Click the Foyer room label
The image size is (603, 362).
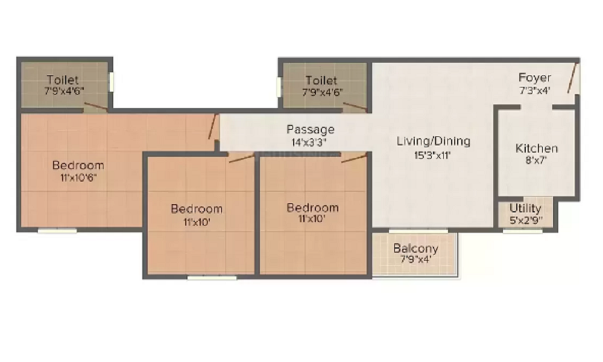point(535,78)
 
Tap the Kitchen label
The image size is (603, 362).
point(537,148)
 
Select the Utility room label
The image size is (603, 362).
point(525,209)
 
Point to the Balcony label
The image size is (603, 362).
point(415,248)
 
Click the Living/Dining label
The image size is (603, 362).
point(433,142)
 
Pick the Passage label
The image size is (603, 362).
point(310,129)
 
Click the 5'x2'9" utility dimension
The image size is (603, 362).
point(525,220)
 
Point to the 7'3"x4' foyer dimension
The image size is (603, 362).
point(535,90)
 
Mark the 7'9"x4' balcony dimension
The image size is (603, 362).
point(415,260)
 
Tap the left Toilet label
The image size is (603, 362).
point(63,80)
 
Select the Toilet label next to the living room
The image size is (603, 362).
point(321,80)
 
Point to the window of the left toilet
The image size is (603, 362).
point(112,82)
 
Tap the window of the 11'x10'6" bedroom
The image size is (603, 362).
point(57,230)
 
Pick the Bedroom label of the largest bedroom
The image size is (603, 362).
point(78,165)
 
